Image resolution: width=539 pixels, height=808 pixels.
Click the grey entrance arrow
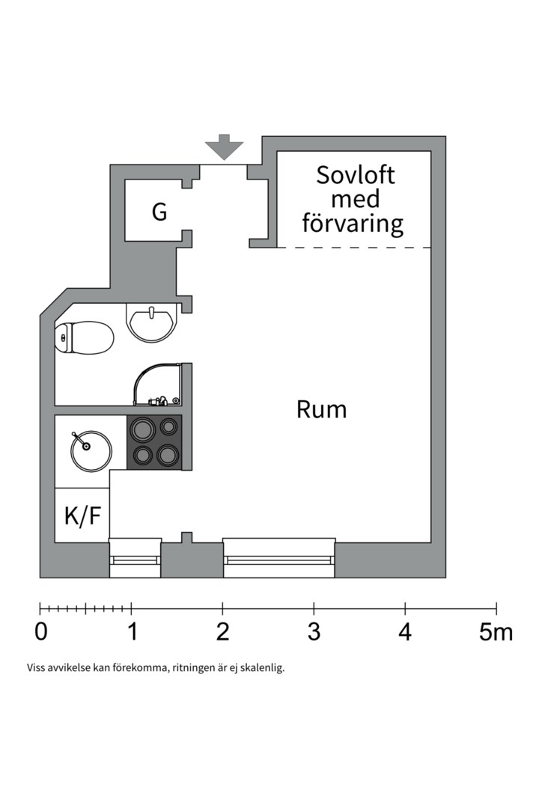[225, 147]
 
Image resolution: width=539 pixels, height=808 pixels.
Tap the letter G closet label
[159, 212]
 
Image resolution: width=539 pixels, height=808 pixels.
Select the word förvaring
[352, 223]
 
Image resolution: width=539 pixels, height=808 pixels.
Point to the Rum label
[321, 410]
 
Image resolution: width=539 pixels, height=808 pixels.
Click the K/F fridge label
[82, 515]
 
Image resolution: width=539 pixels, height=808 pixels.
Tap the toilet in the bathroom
[84, 337]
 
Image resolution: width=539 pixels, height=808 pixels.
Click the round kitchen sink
[91, 450]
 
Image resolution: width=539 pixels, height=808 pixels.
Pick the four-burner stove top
[155, 442]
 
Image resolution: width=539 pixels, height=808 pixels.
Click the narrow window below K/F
[135, 560]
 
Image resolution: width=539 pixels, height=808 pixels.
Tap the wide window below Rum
[278, 560]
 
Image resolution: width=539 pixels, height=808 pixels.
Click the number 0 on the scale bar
[41, 631]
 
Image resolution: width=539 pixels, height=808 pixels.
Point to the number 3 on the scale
[314, 631]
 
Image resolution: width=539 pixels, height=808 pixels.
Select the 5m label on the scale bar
[496, 631]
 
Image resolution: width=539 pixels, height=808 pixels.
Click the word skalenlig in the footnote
[262, 667]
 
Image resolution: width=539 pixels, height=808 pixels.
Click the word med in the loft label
[355, 199]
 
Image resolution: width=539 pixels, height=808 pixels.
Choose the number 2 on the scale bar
[222, 631]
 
